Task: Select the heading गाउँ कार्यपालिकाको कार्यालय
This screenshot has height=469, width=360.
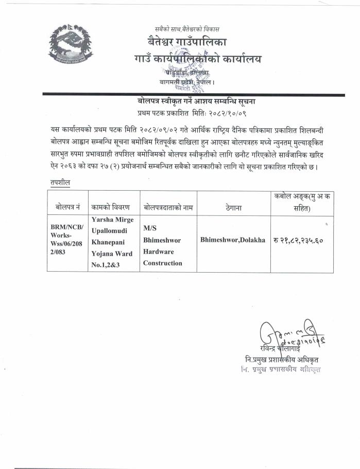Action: click(196, 59)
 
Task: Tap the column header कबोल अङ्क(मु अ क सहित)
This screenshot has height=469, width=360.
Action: click(302, 202)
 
